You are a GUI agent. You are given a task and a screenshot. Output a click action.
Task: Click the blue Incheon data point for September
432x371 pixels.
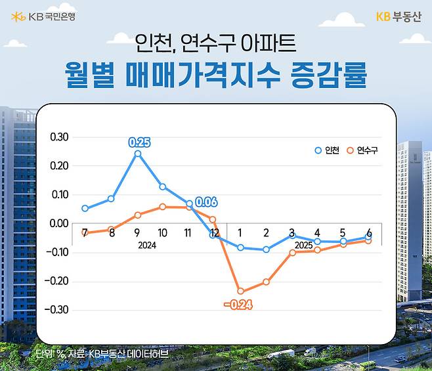(x=137, y=154)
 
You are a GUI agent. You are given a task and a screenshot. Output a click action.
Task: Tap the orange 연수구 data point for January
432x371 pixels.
(x=240, y=291)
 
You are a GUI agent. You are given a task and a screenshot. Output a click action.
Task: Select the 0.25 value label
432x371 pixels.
(x=139, y=141)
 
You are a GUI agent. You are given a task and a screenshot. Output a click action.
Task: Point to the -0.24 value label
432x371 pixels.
(x=238, y=305)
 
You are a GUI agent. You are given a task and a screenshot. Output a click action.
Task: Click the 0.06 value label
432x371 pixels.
(x=206, y=202)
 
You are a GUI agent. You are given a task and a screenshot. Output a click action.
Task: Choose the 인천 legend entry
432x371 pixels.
(x=328, y=150)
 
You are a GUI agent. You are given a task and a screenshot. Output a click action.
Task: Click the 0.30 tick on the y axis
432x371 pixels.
(x=59, y=137)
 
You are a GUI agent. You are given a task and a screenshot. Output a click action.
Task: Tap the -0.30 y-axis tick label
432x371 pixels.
(x=57, y=309)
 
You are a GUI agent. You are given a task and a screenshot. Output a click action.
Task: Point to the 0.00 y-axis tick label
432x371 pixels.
(x=59, y=223)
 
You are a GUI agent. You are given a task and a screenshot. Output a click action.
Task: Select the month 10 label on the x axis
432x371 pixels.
(x=163, y=233)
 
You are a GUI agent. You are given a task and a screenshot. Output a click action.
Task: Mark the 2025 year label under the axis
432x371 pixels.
(x=304, y=245)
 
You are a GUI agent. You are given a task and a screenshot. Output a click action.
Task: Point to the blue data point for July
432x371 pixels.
(x=85, y=208)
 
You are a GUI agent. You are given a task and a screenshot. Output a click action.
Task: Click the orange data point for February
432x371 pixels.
(x=266, y=282)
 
